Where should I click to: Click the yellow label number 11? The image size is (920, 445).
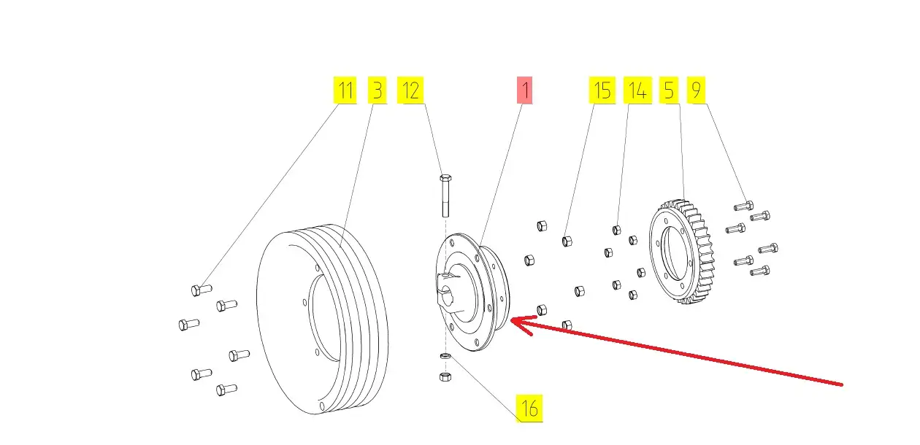click(345, 90)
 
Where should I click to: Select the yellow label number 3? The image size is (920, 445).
click(377, 90)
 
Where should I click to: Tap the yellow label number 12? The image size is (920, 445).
click(411, 90)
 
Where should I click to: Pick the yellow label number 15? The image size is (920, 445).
click(602, 90)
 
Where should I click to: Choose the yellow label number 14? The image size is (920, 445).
click(637, 90)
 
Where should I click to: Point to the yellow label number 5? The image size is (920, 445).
click(670, 90)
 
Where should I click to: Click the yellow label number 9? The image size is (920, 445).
click(696, 90)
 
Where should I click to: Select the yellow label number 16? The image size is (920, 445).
click(530, 409)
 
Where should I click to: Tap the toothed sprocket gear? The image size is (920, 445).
click(685, 252)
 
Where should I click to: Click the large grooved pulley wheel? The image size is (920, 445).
click(325, 321)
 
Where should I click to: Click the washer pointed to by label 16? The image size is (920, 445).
click(445, 356)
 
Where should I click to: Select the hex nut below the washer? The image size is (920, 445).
click(445, 376)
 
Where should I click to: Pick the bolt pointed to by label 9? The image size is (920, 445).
click(743, 206)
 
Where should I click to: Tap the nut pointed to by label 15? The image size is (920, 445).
click(567, 240)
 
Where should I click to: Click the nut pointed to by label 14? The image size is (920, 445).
click(616, 231)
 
